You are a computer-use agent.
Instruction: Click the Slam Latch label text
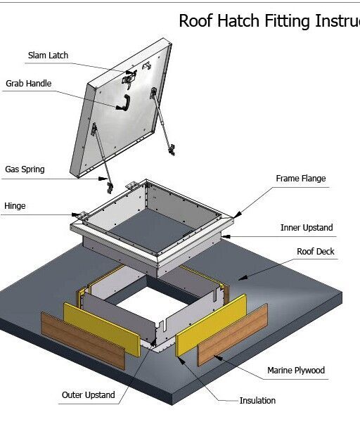(49, 55)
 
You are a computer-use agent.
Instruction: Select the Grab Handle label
(29, 84)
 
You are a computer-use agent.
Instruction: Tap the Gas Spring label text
(26, 169)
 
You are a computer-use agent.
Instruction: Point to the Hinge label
(15, 207)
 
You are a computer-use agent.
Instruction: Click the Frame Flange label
(300, 179)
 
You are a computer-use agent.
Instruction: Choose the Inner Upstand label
(307, 228)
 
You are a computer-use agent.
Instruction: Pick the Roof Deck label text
(316, 251)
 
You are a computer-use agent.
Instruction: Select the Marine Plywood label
(296, 370)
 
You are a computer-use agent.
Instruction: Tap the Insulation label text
(257, 400)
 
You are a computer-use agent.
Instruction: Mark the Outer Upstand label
(88, 394)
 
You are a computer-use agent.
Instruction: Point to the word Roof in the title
(195, 20)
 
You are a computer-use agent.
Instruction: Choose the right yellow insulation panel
(211, 324)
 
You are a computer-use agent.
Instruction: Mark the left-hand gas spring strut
(102, 158)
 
